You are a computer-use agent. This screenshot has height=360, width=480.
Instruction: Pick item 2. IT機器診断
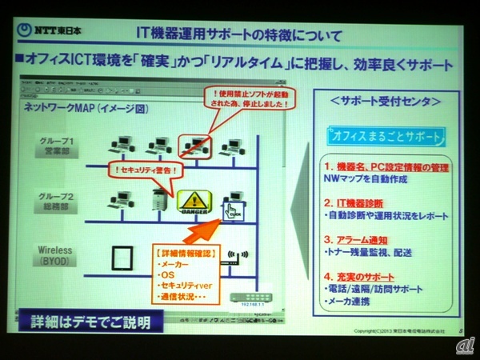coord(358,205)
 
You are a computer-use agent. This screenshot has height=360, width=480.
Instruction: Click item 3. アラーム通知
coord(357,239)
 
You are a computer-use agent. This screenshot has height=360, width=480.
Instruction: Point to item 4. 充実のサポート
coord(362,276)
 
